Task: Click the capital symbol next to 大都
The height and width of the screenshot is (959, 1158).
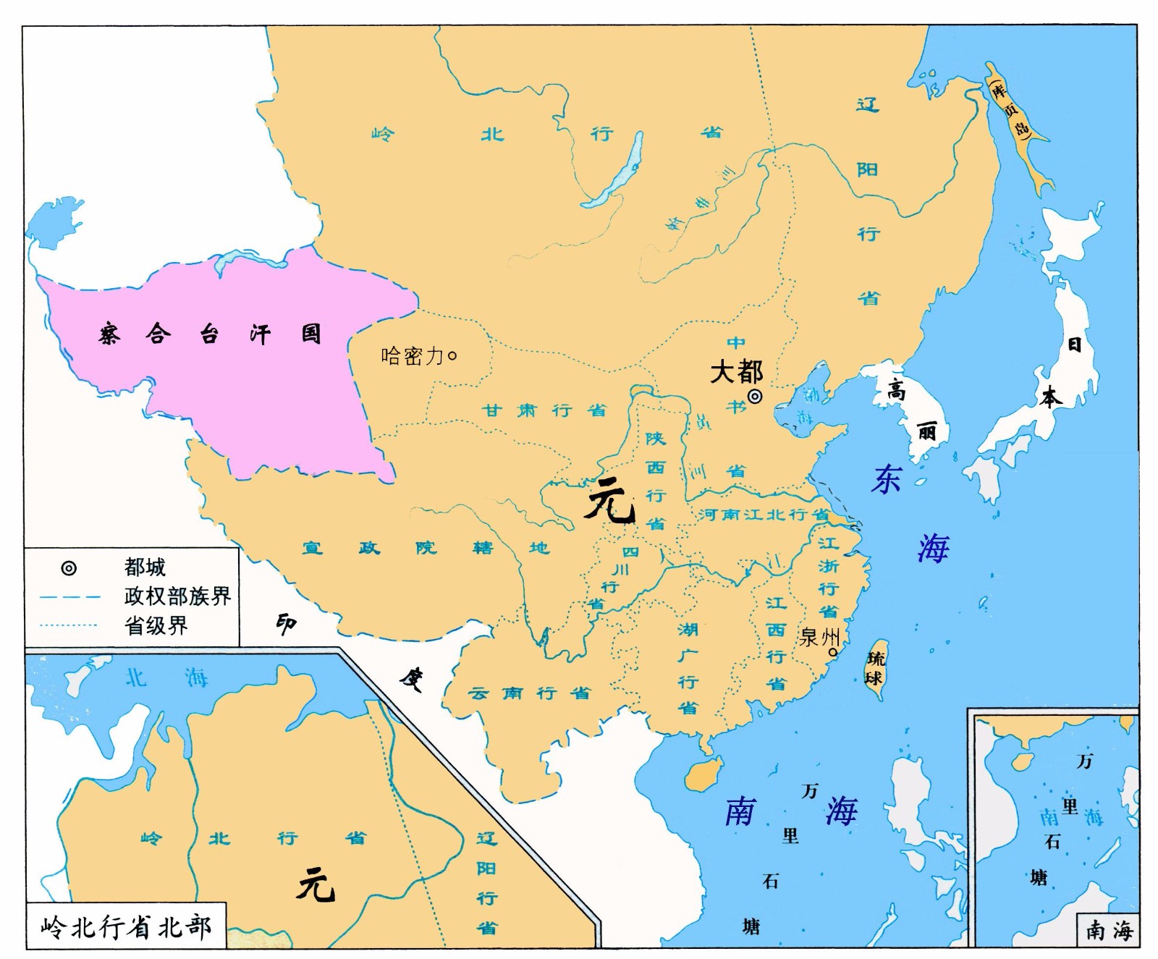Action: (x=755, y=396)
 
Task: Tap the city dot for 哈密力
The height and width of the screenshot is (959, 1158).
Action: (x=453, y=355)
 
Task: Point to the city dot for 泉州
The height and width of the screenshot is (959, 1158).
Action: (x=832, y=652)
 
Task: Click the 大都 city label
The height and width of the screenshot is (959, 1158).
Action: (x=736, y=372)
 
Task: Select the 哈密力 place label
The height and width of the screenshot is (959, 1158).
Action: (x=412, y=355)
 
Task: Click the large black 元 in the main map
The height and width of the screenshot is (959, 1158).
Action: (x=609, y=501)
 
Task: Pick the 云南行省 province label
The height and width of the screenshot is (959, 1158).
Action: (x=529, y=693)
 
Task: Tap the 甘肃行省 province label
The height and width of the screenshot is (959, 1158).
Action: (x=544, y=410)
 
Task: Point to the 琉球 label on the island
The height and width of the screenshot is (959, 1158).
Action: (x=875, y=669)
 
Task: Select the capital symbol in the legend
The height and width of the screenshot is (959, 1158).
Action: (x=69, y=568)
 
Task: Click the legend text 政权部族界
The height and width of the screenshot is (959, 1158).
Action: (x=177, y=596)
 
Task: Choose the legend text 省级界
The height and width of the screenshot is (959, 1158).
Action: (x=156, y=625)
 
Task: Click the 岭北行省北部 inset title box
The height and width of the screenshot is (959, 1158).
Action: (x=126, y=926)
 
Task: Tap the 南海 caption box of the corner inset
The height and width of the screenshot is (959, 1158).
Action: (x=1109, y=930)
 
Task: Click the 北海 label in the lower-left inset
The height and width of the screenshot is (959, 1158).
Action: (x=166, y=678)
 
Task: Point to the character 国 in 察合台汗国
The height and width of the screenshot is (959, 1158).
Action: (x=311, y=334)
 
